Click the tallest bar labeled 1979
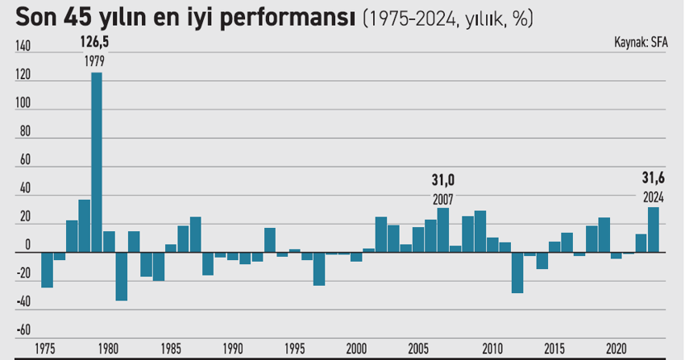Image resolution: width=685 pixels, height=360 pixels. [96, 161]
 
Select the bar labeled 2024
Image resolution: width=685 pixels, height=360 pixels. [654, 230]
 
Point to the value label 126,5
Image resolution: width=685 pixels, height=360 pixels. [95, 42]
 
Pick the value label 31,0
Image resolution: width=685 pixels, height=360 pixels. [442, 180]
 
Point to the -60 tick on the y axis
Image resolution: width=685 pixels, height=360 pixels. [22, 330]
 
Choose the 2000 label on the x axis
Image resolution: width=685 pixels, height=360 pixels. [355, 350]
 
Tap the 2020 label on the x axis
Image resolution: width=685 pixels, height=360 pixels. [616, 350]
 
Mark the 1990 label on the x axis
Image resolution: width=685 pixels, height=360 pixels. [232, 350]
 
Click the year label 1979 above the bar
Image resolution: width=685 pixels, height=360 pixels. [95, 61]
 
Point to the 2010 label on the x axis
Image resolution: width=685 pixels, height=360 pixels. [492, 350]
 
